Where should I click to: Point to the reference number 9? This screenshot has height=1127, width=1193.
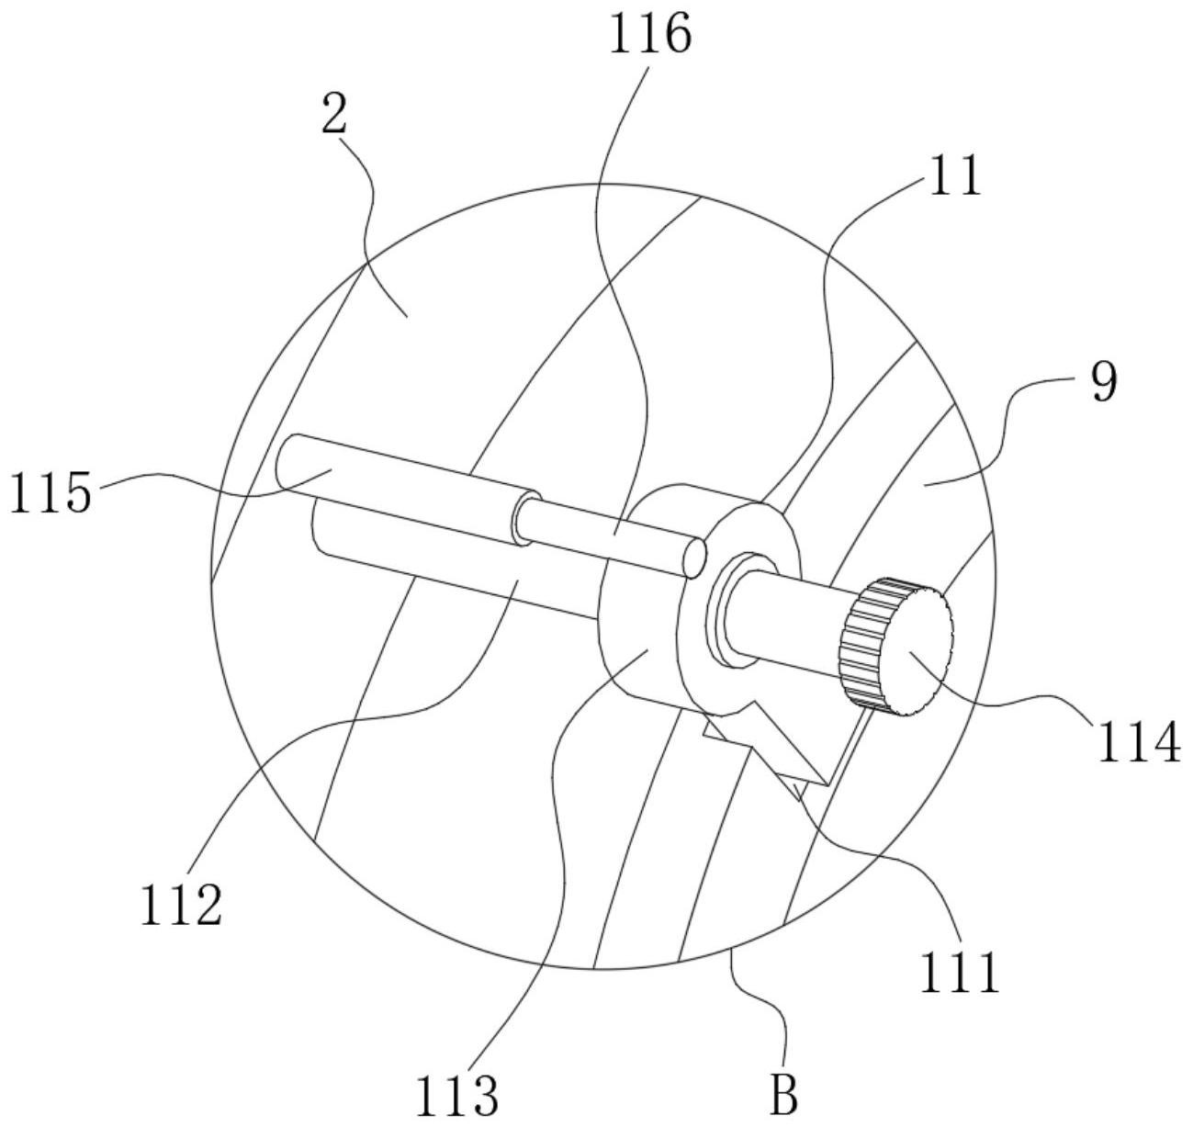pyautogui.click(x=1105, y=383)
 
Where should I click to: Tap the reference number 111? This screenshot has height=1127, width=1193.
pyautogui.click(x=960, y=973)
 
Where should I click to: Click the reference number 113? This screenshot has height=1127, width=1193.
pyautogui.click(x=456, y=1096)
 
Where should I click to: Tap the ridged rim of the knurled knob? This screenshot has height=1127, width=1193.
pyautogui.click(x=860, y=644)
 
